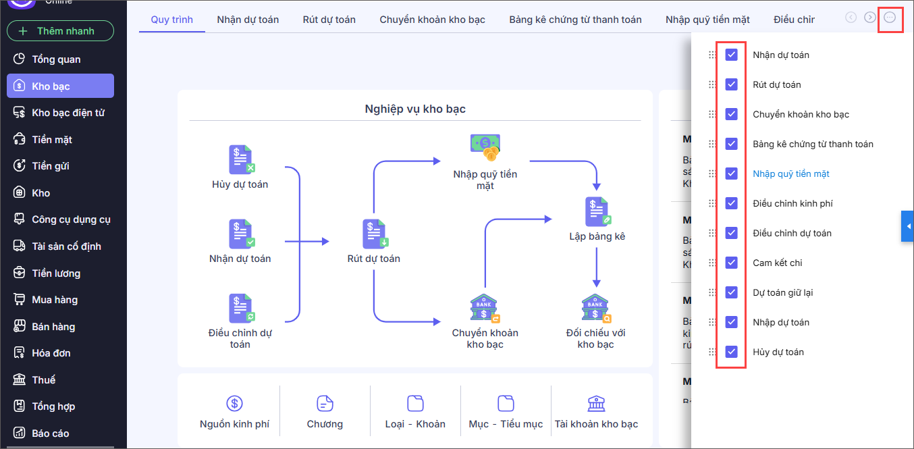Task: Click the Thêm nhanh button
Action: tap(60, 31)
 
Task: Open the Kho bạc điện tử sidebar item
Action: tap(68, 113)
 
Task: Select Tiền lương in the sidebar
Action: tap(56, 273)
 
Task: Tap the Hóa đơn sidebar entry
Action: tap(51, 353)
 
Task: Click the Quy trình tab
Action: tap(171, 20)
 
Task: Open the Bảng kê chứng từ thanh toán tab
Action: tap(575, 20)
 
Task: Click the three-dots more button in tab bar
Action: tap(890, 18)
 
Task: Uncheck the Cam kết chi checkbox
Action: tap(731, 263)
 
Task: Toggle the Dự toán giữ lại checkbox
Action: tap(731, 292)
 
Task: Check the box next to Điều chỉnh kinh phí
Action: tap(731, 203)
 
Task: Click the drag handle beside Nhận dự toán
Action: tap(711, 55)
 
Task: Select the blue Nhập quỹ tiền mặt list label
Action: tap(790, 174)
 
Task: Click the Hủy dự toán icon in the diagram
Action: tap(240, 160)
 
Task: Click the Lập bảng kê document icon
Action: tap(597, 212)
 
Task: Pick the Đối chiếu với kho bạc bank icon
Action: tap(595, 309)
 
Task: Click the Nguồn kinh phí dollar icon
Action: tap(234, 404)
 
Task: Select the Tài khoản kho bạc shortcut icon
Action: tap(596, 404)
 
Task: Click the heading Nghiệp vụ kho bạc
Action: tap(414, 109)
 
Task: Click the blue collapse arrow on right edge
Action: tap(908, 226)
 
